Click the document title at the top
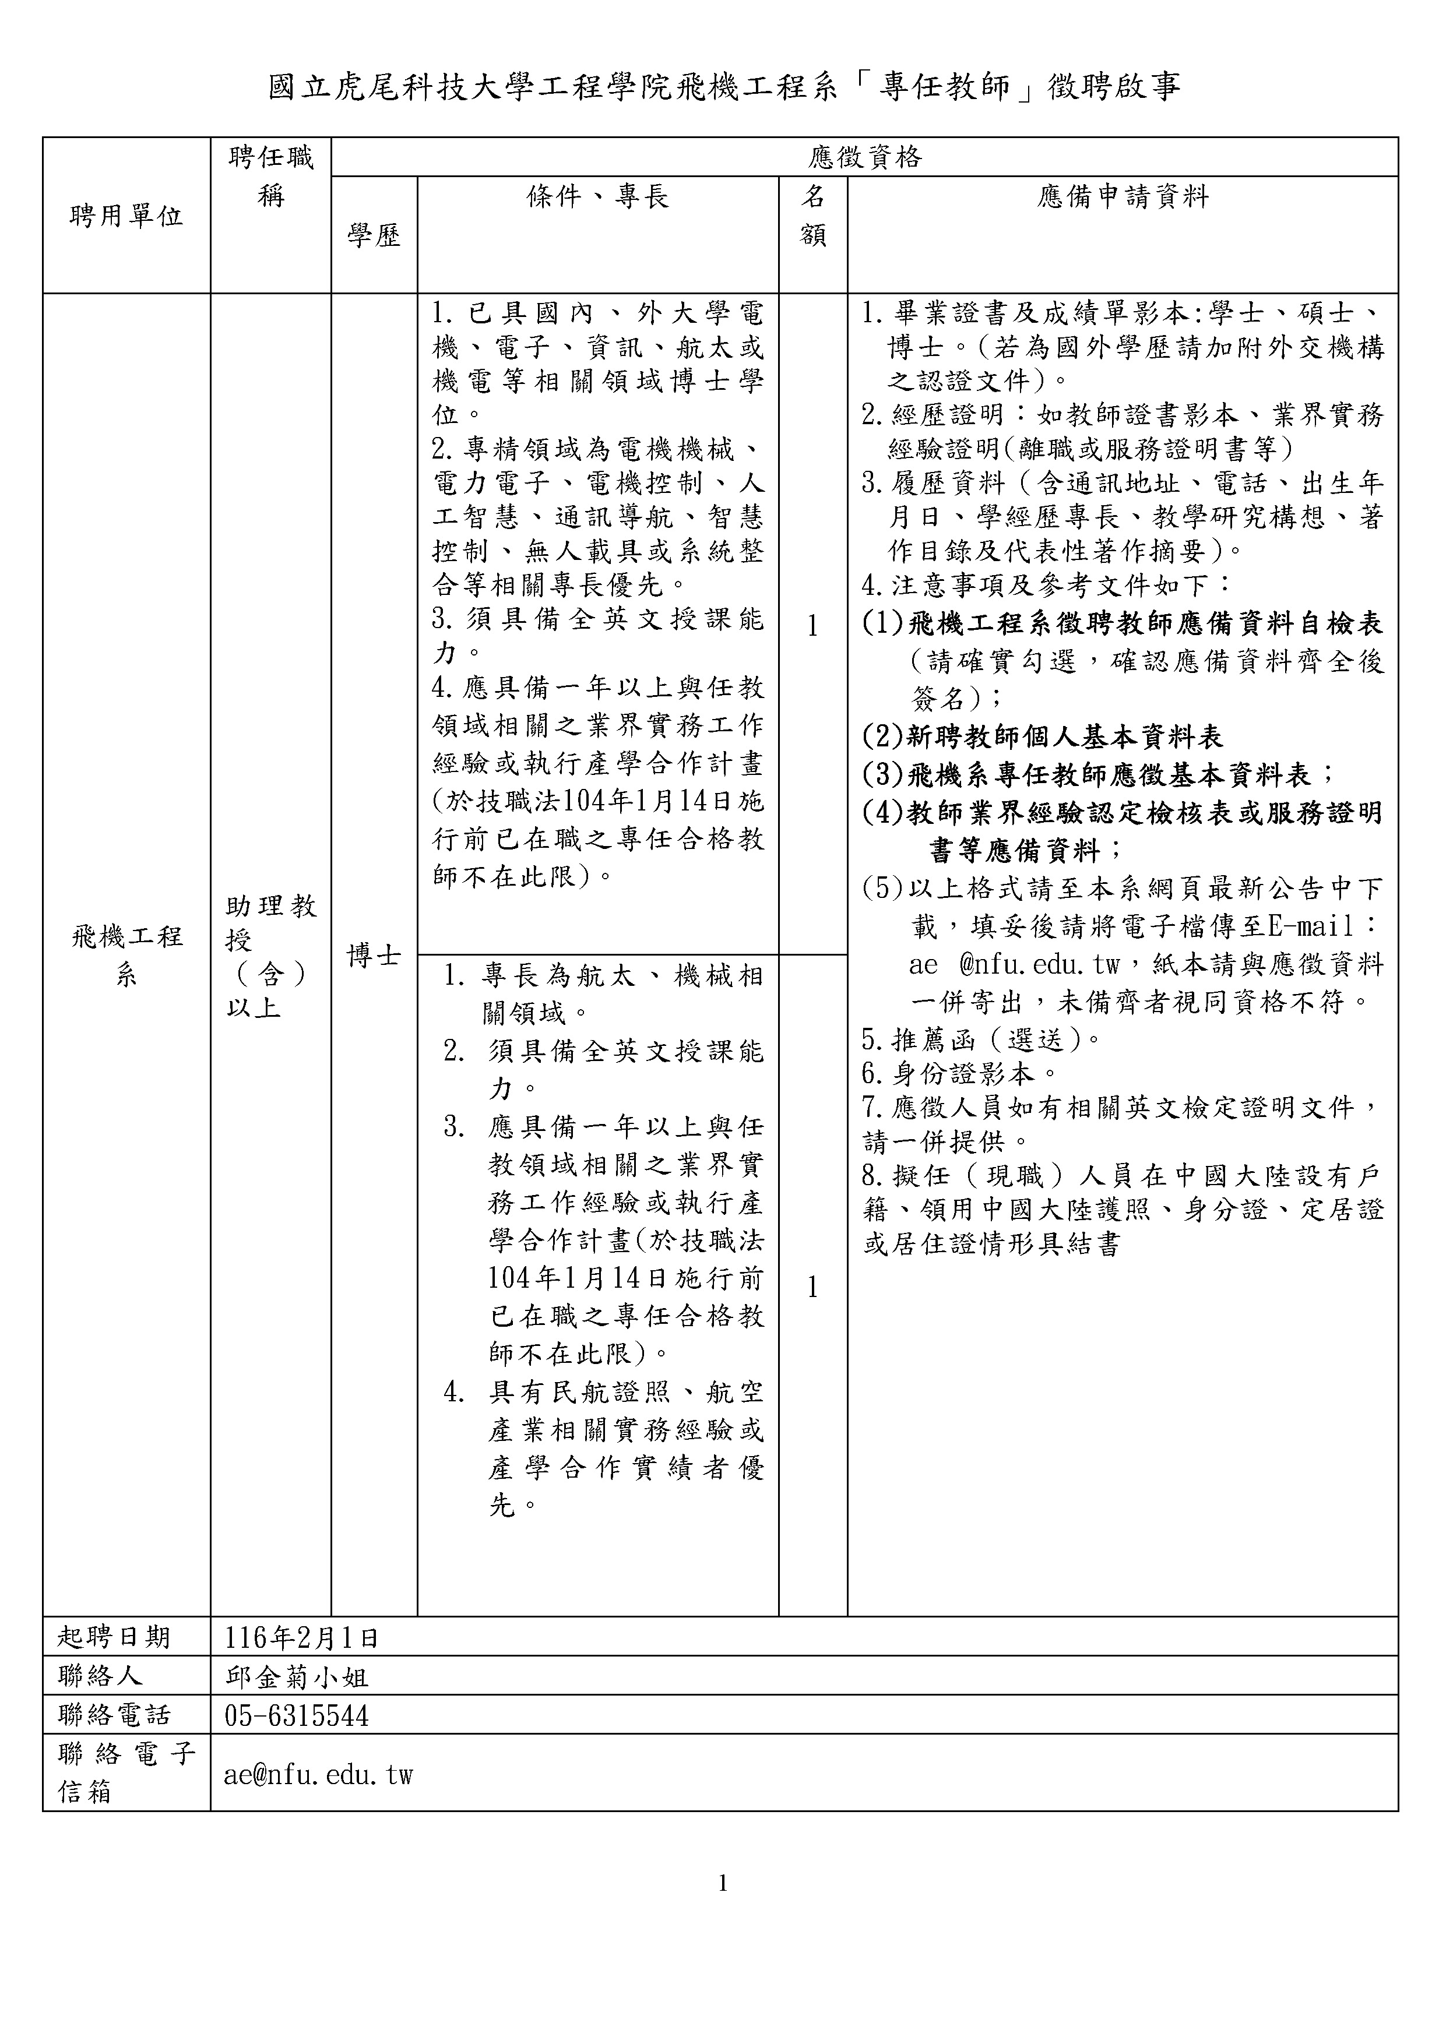pos(723,87)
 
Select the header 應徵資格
pos(864,157)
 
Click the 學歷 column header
pos(374,235)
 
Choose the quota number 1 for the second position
pos(812,1287)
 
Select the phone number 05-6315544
pos(297,1715)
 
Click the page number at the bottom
pos(722,1883)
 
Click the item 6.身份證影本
pos(959,1074)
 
